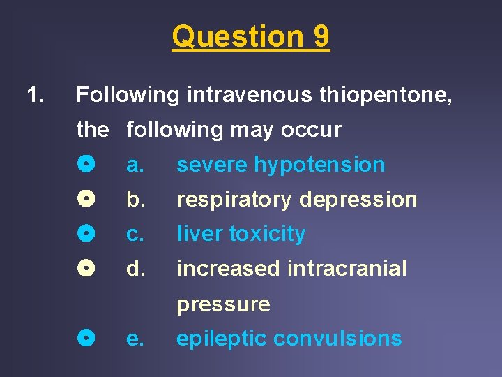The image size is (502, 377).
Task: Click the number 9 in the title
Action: pos(320,36)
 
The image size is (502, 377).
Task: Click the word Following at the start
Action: pos(128,94)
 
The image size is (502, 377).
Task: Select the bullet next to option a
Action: pos(86,165)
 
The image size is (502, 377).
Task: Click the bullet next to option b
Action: pos(86,199)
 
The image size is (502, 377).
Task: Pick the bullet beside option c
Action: pos(86,234)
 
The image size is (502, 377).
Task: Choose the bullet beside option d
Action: pos(86,269)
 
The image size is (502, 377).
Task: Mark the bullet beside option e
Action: pos(86,339)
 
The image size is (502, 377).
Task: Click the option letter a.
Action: pos(135,165)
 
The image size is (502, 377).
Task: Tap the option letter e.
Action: pos(135,339)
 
